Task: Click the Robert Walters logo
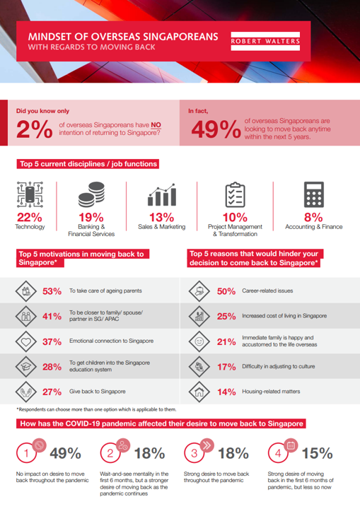[x=265, y=41]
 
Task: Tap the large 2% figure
[x=35, y=129]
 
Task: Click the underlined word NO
[x=156, y=125]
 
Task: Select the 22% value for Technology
[x=30, y=217]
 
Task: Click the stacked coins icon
[x=91, y=194]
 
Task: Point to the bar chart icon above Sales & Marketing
[x=162, y=195]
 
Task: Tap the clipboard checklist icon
[x=236, y=194]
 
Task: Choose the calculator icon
[x=314, y=194]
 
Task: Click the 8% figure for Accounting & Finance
[x=313, y=217]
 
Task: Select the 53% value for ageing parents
[x=52, y=291]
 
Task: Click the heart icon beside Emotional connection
[x=26, y=341]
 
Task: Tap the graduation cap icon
[x=26, y=366]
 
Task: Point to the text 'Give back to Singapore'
[x=97, y=392]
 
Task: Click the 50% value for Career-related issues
[x=226, y=291]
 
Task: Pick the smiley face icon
[x=199, y=341]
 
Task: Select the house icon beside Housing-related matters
[x=199, y=392]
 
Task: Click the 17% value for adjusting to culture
[x=226, y=367]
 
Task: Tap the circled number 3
[x=194, y=453]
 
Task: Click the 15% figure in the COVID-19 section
[x=317, y=453]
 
